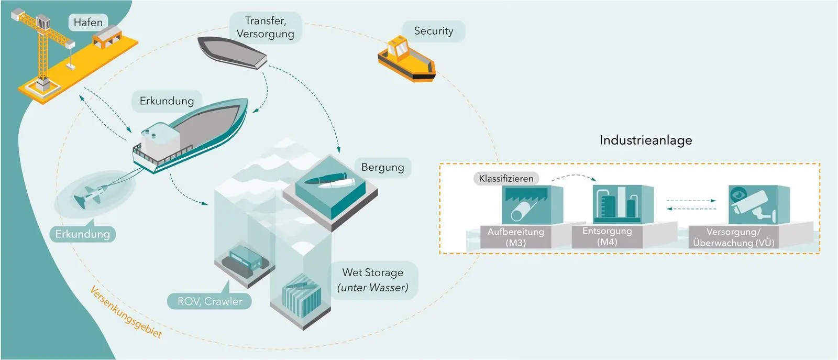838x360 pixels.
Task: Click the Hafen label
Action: (89, 23)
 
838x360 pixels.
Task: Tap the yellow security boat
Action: (406, 59)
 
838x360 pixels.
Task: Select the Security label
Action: (434, 31)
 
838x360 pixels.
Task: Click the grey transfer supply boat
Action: (233, 53)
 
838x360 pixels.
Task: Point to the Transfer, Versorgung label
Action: (265, 27)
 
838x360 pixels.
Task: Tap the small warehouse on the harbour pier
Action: (108, 36)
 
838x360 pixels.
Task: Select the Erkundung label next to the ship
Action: (167, 101)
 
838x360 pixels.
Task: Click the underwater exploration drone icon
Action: (91, 194)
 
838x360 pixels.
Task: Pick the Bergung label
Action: (383, 167)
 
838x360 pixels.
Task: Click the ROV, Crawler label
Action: (210, 301)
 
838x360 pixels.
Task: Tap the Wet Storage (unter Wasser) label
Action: (372, 280)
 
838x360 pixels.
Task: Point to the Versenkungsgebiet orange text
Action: (126, 312)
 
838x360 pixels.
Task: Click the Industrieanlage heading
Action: (646, 140)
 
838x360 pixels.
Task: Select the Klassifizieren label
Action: (506, 179)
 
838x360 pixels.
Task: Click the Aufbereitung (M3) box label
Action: (515, 237)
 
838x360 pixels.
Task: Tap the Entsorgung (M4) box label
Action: (607, 236)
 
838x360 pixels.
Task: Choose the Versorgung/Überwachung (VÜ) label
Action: (733, 237)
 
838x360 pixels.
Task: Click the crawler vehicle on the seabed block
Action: (245, 258)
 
